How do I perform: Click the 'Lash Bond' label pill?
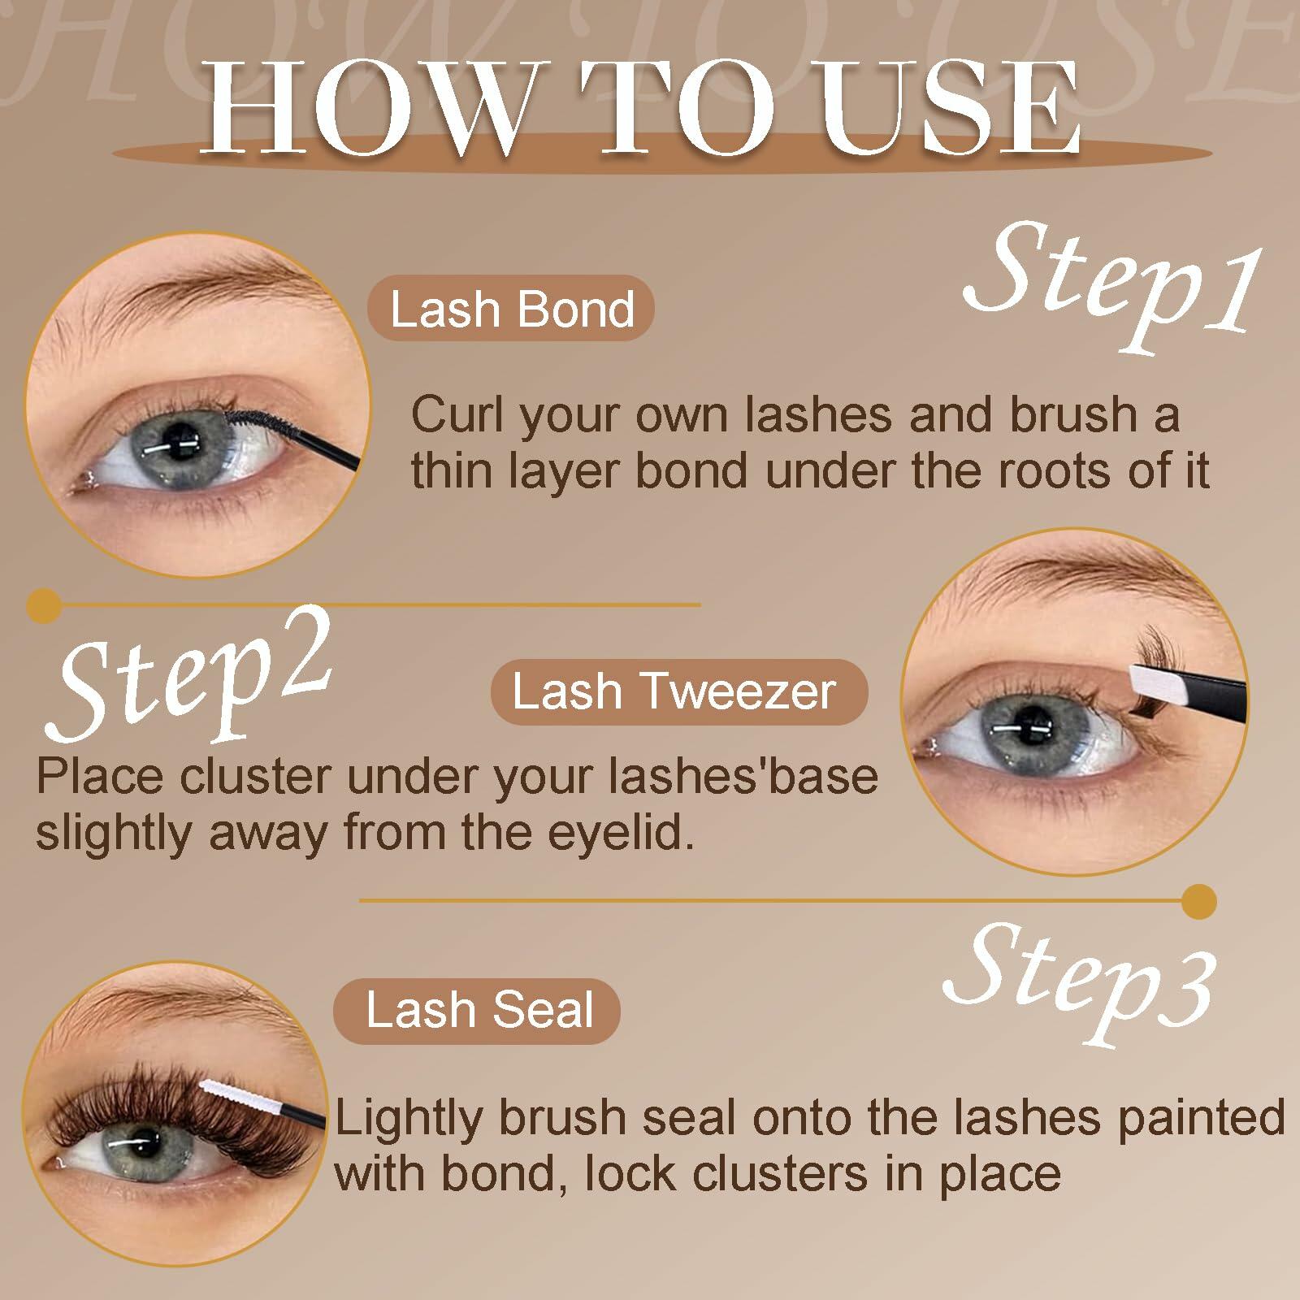click(x=511, y=310)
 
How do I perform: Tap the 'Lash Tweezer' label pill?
click(x=678, y=692)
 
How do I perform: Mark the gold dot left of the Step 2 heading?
click(x=44, y=604)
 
